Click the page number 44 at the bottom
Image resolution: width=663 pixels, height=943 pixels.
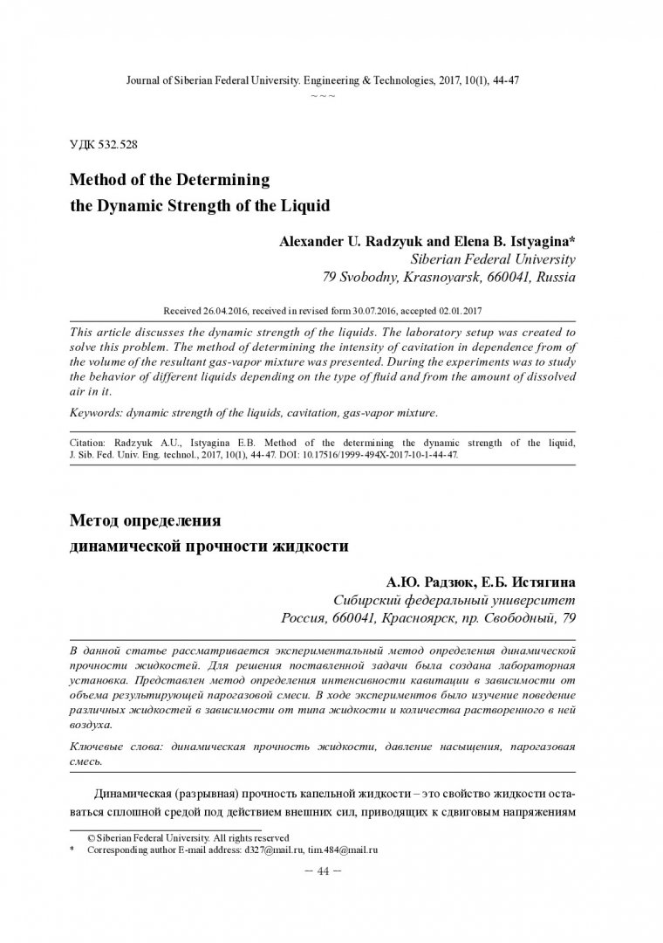[331, 871]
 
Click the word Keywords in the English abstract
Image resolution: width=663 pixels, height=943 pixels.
[95, 411]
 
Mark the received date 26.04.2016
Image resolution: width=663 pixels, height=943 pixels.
[223, 311]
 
